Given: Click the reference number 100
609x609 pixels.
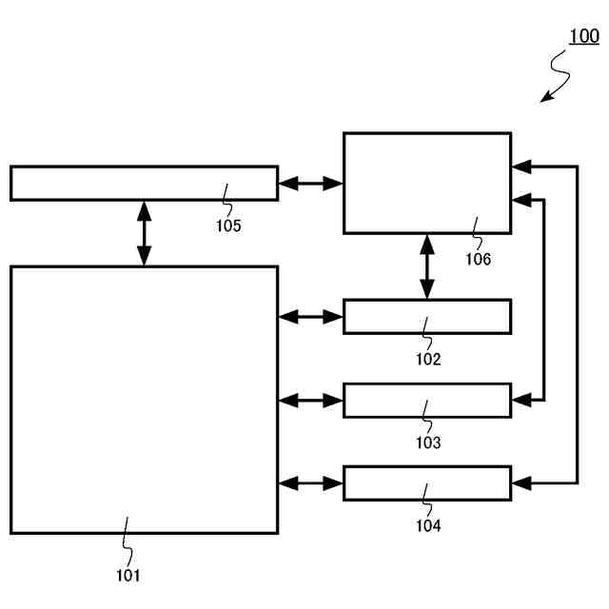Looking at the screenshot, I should pyautogui.click(x=584, y=37).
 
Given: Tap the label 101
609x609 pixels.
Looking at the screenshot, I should pyautogui.click(x=128, y=574).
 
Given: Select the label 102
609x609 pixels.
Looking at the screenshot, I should pyautogui.click(x=427, y=360).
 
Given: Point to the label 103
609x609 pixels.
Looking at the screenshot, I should pyautogui.click(x=427, y=442).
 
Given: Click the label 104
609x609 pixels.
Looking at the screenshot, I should pyautogui.click(x=427, y=524).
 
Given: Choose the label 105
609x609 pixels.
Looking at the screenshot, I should pyautogui.click(x=227, y=226).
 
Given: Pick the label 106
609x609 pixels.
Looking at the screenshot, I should pyautogui.click(x=478, y=258).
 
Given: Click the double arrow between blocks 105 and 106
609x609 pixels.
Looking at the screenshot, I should pyautogui.click(x=310, y=183).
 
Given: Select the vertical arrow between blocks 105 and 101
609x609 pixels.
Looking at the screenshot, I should pyautogui.click(x=144, y=233).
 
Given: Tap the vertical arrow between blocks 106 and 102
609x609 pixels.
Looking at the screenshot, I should pyautogui.click(x=426, y=266).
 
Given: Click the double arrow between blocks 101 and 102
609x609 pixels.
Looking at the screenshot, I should pyautogui.click(x=310, y=317).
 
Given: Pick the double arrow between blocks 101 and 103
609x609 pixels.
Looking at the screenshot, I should pyautogui.click(x=310, y=401).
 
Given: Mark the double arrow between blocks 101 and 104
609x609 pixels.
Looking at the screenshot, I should pyautogui.click(x=310, y=483).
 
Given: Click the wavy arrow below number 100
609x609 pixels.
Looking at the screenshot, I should pyautogui.click(x=557, y=76).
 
